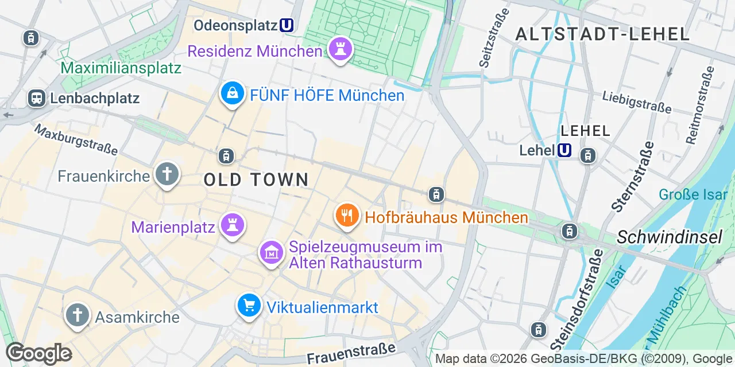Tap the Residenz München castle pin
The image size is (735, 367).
tap(340, 49)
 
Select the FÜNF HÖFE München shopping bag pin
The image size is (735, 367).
tap(233, 93)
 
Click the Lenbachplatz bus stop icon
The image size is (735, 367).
tap(37, 98)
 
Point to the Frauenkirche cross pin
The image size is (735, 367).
tap(167, 174)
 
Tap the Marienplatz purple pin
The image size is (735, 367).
tap(233, 225)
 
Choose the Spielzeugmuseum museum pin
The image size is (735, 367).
tap(272, 252)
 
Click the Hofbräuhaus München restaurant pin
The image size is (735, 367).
tap(347, 216)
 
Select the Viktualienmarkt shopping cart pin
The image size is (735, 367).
tap(249, 306)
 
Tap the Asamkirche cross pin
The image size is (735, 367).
tap(77, 315)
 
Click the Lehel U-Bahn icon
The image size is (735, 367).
tap(564, 150)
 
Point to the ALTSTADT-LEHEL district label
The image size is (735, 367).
tap(602, 34)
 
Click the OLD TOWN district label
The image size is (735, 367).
tap(256, 179)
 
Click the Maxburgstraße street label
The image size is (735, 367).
tap(76, 139)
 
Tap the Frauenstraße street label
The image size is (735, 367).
tap(351, 353)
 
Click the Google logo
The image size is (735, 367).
tap(38, 353)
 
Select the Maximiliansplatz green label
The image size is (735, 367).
tap(121, 68)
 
